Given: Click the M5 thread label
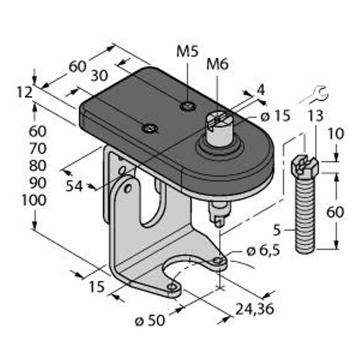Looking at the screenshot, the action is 187,52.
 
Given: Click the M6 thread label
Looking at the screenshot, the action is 217,64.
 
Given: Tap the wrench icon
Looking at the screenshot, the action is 314,95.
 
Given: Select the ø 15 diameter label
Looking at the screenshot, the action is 276,116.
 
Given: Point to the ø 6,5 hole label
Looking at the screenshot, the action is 263,251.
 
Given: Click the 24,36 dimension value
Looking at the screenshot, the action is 255,309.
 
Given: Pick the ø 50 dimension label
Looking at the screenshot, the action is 150,320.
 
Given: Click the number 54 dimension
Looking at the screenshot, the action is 74,186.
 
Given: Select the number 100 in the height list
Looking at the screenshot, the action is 34,200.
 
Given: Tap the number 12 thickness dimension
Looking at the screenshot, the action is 25,93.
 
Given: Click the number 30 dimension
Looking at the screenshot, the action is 99,76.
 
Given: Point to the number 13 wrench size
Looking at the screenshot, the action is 316,116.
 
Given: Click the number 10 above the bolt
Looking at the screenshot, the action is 336,134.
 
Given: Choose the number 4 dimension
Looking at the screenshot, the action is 260,90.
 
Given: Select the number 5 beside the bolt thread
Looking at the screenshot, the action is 277,230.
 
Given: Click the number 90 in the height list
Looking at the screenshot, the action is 38,183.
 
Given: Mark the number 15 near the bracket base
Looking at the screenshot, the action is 97,287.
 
